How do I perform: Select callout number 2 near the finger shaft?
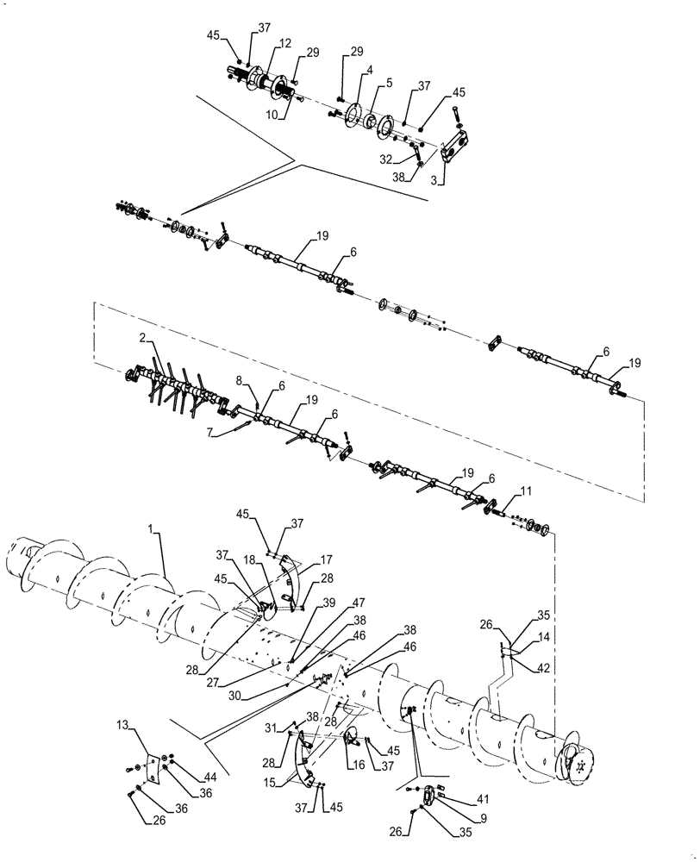point(143,340)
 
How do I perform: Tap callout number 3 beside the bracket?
point(441,181)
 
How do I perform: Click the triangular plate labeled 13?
point(154,770)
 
